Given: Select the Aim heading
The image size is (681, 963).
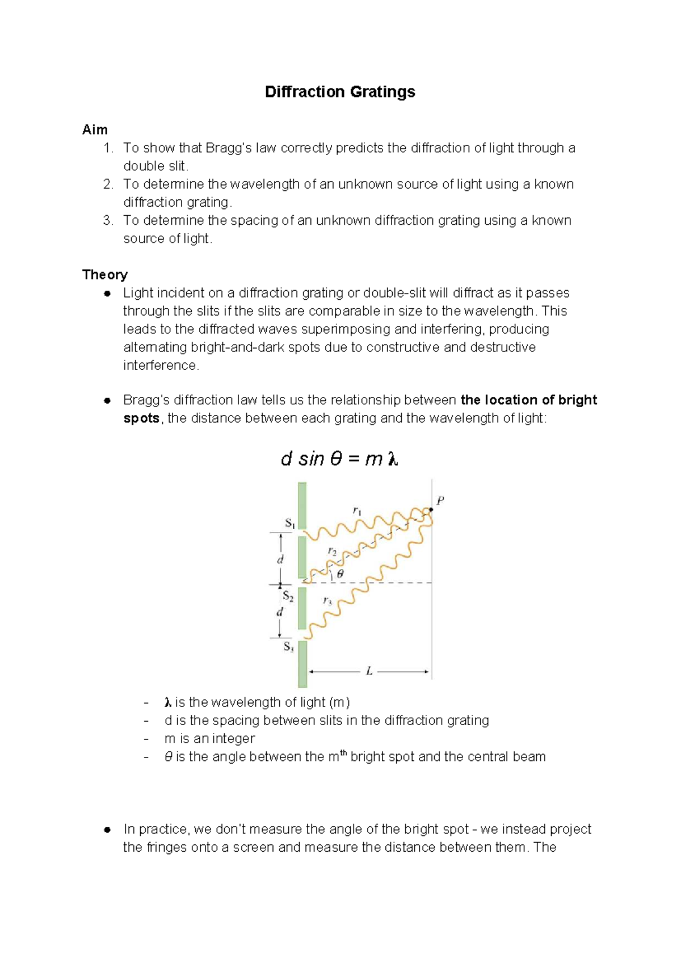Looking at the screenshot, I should [95, 129].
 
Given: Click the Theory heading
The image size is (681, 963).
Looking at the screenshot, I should [104, 275].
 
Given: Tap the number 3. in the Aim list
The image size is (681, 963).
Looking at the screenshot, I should [108, 220].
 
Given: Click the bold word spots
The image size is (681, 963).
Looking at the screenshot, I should [141, 418].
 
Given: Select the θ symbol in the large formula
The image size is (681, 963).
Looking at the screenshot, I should [335, 459].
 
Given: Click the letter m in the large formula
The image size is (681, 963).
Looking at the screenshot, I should [373, 459].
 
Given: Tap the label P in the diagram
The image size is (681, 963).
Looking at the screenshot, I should [440, 500].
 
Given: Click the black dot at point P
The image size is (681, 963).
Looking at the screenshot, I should [431, 510].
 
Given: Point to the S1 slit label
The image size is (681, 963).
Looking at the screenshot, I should [289, 523].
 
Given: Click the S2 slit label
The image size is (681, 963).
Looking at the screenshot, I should [288, 596].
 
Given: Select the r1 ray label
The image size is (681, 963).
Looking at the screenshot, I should [357, 511].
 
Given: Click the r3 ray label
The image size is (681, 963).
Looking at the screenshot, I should [327, 600].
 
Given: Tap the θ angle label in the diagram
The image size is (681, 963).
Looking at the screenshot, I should [340, 574].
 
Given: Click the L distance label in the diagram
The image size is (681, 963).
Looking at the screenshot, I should [369, 671].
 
